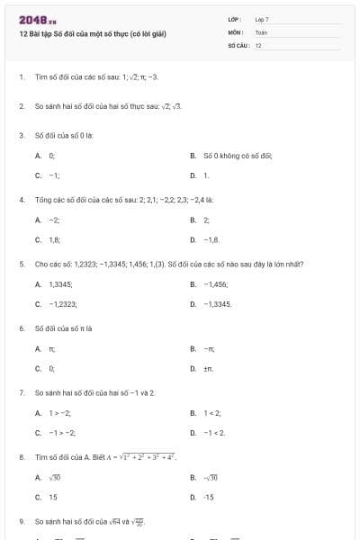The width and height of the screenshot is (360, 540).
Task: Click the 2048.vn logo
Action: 38,20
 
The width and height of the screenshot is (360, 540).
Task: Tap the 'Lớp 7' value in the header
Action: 262,19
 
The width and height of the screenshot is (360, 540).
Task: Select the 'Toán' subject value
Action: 261,31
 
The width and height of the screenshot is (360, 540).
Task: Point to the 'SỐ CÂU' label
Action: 238,45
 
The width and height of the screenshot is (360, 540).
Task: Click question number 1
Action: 21,77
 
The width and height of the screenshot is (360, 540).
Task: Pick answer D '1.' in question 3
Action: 205,175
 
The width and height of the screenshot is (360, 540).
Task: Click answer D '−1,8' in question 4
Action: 211,239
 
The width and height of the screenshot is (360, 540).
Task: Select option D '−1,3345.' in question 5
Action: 217,304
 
